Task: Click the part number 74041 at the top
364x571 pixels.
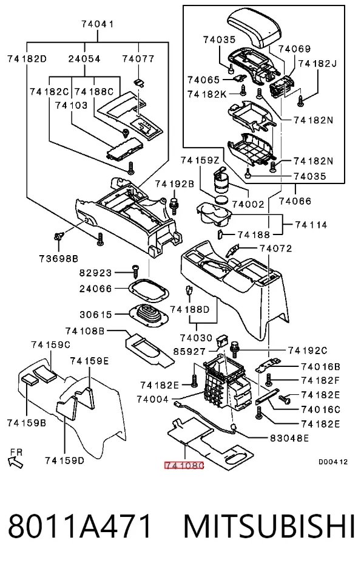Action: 98,24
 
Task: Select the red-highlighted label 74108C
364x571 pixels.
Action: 184,465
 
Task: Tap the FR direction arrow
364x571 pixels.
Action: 16,460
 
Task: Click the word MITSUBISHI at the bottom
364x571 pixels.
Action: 269,526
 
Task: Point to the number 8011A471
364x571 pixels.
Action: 79,526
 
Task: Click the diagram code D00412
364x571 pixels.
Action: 333,462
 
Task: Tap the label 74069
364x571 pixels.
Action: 295,49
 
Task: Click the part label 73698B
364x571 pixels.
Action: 59,259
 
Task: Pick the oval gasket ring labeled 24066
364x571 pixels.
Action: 149,290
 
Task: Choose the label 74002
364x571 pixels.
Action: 248,204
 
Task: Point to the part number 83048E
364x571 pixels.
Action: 289,438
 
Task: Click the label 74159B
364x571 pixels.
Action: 27,423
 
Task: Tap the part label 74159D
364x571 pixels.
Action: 65,460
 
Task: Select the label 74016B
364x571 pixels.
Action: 320,366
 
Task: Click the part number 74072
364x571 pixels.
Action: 276,248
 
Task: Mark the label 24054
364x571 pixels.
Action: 84,58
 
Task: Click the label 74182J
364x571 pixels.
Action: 317,63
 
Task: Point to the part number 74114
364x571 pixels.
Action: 311,225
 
